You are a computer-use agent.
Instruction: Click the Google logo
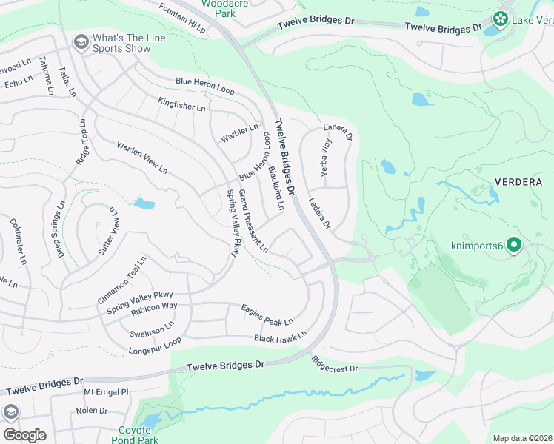[24, 435]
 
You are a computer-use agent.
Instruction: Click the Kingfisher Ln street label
[181, 104]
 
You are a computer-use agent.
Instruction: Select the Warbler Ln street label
[239, 134]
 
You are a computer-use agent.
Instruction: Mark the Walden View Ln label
[141, 158]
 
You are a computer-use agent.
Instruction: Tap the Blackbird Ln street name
[276, 188]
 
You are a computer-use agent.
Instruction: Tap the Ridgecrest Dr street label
[334, 364]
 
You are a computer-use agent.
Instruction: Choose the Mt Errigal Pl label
[106, 392]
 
